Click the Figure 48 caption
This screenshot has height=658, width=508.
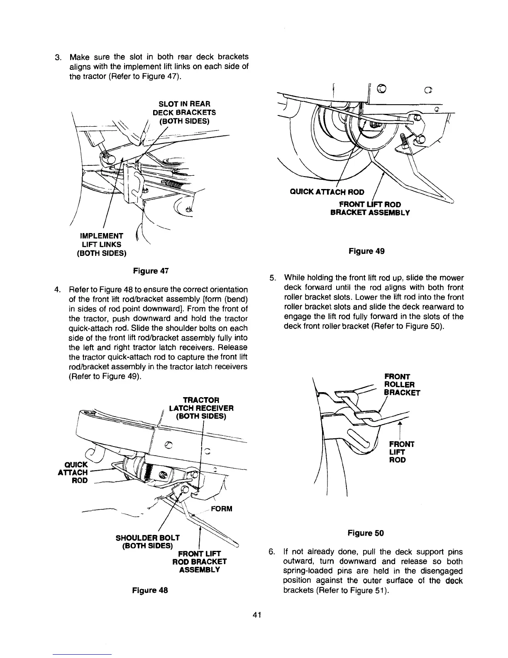[150, 590]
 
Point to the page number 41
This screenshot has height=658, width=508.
[256, 616]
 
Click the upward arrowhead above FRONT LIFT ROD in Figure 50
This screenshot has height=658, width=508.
[399, 424]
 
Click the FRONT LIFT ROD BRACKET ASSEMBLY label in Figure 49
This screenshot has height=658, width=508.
[369, 208]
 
